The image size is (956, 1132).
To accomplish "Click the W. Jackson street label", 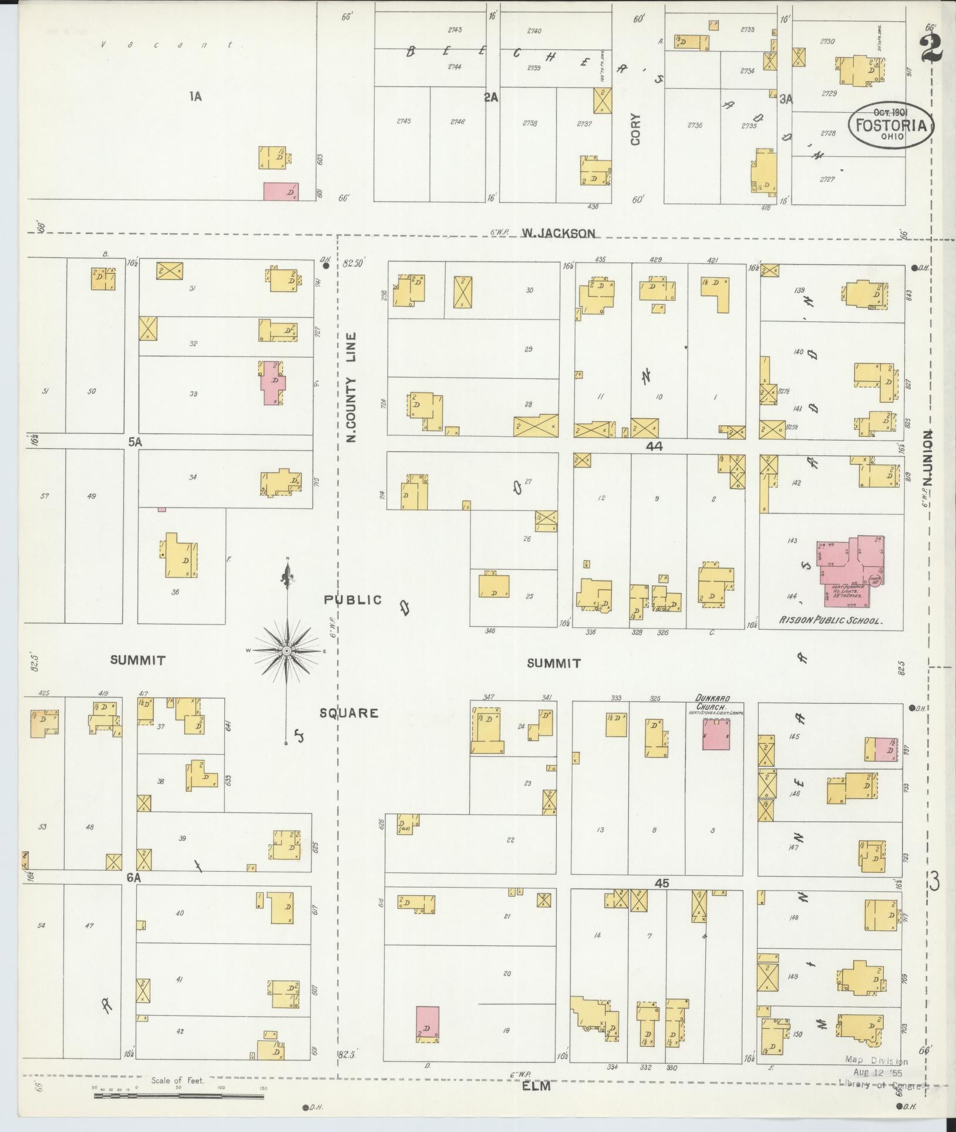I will pyautogui.click(x=558, y=233).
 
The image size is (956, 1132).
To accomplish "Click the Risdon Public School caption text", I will pyautogui.click(x=830, y=620).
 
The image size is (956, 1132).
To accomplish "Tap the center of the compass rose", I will pyautogui.click(x=287, y=651).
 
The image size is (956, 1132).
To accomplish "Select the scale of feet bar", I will pyautogui.click(x=179, y=1094).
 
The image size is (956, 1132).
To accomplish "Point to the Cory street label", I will pyautogui.click(x=636, y=129).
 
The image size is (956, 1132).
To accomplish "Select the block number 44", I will pyautogui.click(x=654, y=446).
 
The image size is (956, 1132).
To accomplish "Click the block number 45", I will pyautogui.click(x=662, y=884).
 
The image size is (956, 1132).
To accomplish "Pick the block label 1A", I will pyautogui.click(x=196, y=97).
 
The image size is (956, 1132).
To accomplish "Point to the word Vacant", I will pyautogui.click(x=171, y=45).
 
